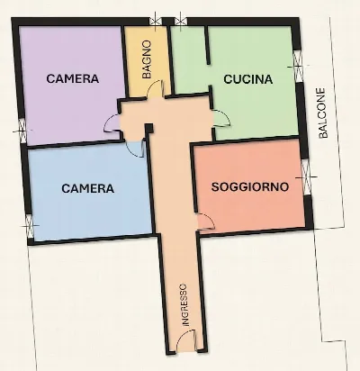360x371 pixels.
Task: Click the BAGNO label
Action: (147, 59)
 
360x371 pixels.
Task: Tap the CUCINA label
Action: (248, 79)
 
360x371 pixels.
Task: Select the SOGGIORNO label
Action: (250, 187)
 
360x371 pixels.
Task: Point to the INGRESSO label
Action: (184, 304)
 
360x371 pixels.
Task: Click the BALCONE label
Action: (323, 113)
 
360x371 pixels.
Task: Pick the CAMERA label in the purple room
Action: (73, 78)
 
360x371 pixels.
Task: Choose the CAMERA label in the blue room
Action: (88, 188)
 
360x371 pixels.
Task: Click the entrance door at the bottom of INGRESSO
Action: (186, 340)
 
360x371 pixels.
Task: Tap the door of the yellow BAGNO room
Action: (156, 89)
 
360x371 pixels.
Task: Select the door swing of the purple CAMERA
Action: (112, 123)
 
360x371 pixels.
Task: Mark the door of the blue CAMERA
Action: (136, 149)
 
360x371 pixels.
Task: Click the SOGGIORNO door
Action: (205, 222)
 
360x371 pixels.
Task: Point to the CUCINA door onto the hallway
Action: (221, 118)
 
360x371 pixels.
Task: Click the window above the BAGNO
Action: (156, 21)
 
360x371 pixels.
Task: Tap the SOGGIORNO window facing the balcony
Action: (306, 177)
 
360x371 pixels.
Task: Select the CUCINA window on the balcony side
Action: (298, 67)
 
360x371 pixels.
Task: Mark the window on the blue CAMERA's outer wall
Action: (30, 225)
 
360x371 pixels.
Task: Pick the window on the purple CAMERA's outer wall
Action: (22, 131)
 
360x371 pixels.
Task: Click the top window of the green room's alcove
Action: (180, 21)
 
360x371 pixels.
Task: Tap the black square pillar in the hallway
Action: (149, 128)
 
